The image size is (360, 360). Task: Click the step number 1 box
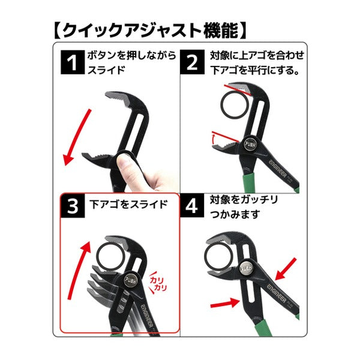click(x=73, y=62)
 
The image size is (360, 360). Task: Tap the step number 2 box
click(x=192, y=62)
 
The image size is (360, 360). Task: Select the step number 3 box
click(x=73, y=206)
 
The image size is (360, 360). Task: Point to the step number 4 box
click(x=192, y=206)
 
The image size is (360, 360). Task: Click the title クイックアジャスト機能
click(x=150, y=31)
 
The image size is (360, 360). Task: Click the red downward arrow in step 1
click(x=77, y=137)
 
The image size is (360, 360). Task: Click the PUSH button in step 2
click(x=250, y=144)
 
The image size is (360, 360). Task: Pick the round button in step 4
click(x=247, y=268)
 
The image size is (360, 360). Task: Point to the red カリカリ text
click(x=158, y=284)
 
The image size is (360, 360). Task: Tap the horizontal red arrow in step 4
click(x=225, y=304)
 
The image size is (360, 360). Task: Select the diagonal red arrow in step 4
click(x=286, y=269)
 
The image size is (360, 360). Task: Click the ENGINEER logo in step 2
click(x=278, y=169)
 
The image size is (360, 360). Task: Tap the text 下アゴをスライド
click(x=128, y=205)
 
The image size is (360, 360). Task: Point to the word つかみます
click(x=235, y=214)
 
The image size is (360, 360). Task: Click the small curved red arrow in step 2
click(x=213, y=139)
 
